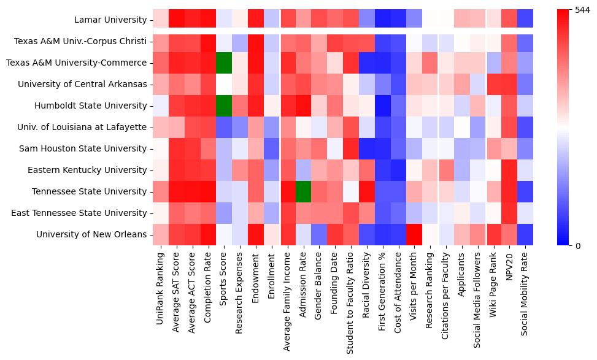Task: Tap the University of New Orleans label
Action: (x=91, y=234)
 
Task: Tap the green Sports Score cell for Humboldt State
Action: (x=223, y=105)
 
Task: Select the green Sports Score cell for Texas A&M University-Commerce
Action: (x=223, y=63)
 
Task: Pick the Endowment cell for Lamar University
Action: (x=255, y=20)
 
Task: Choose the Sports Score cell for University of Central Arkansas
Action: (x=223, y=84)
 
